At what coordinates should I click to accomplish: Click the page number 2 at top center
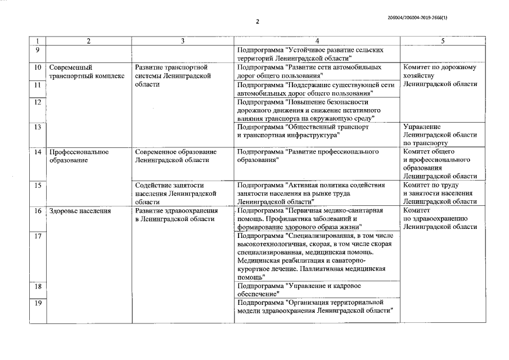pyautogui.click(x=257, y=22)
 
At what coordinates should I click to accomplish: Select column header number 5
pyautogui.click(x=443, y=41)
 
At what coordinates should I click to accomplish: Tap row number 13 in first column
pyautogui.click(x=37, y=127)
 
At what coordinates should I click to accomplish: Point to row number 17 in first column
pyautogui.click(x=37, y=236)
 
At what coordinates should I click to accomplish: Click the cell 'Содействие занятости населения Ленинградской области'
pyautogui.click(x=176, y=193)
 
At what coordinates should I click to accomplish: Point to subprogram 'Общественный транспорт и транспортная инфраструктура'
pyautogui.click(x=304, y=131)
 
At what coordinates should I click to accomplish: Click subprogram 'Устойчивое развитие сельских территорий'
pyautogui.click(x=311, y=54)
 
